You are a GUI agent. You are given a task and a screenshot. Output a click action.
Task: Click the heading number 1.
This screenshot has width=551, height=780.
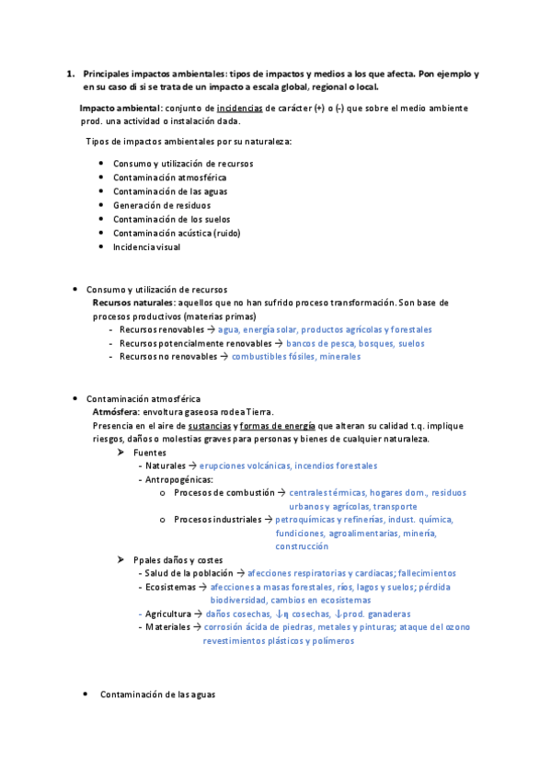pos(70,73)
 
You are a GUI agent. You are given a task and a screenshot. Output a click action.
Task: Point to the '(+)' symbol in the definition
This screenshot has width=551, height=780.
pos(319,108)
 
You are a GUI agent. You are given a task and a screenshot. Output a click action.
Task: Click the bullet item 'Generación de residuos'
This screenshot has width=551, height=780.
pos(156,205)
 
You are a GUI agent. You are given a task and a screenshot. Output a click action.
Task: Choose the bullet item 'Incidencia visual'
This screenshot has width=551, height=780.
pos(147,247)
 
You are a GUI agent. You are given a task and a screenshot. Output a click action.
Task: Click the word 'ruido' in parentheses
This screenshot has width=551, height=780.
pos(225,233)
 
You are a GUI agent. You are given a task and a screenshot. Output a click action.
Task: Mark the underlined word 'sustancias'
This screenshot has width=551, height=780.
pos(209,426)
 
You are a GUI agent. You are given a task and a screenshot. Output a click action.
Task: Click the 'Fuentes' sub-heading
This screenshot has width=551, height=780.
pos(151,453)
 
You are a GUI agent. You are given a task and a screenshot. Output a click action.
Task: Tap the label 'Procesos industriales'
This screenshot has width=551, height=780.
pos(217,520)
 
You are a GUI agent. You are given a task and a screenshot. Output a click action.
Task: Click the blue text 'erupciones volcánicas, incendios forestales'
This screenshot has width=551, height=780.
pos(288,466)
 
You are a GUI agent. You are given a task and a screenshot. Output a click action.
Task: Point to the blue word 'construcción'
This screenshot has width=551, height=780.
pos(302,546)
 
